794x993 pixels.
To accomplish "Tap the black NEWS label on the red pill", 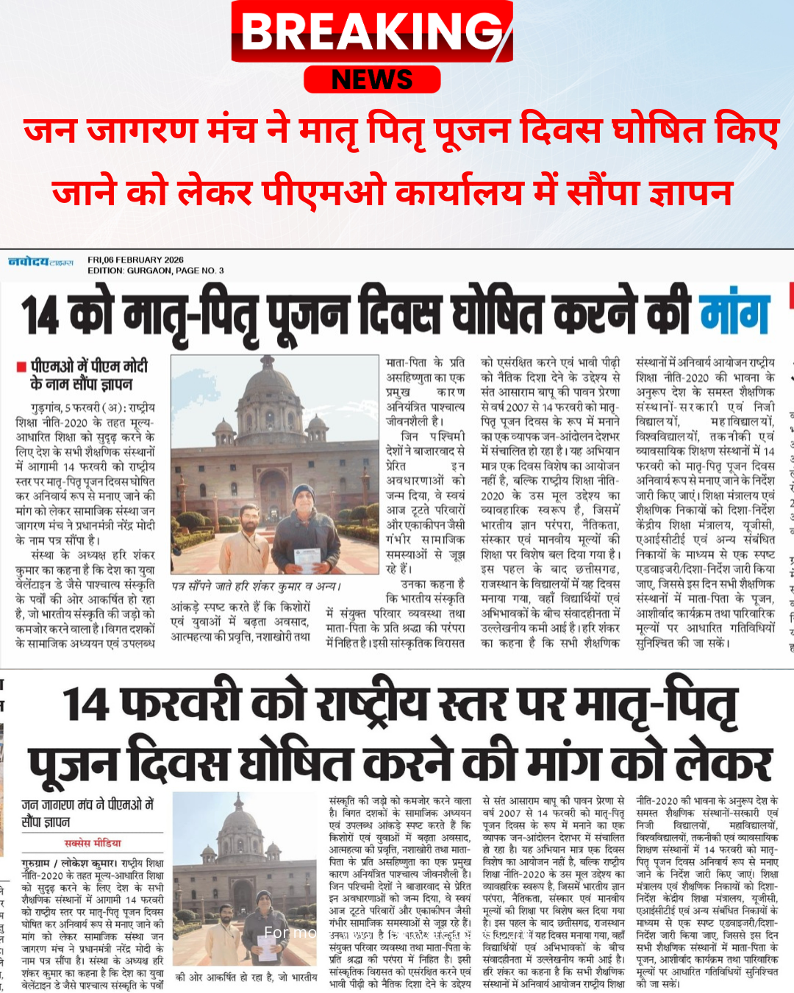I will click(372, 79).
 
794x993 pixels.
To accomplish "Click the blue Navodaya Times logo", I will click(40, 262).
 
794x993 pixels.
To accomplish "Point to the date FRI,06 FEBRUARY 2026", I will click(135, 260).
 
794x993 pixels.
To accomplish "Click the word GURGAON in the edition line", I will click(146, 271).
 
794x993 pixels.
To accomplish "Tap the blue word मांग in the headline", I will click(734, 314).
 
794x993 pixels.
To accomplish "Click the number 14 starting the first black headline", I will click(39, 316).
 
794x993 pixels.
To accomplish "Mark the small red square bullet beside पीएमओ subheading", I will click(22, 366).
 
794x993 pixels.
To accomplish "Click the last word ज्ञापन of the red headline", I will click(690, 193).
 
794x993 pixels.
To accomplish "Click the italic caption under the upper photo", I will click(256, 586).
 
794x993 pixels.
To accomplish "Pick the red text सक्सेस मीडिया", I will click(93, 843).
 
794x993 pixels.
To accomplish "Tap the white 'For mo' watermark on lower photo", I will click(290, 932).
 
